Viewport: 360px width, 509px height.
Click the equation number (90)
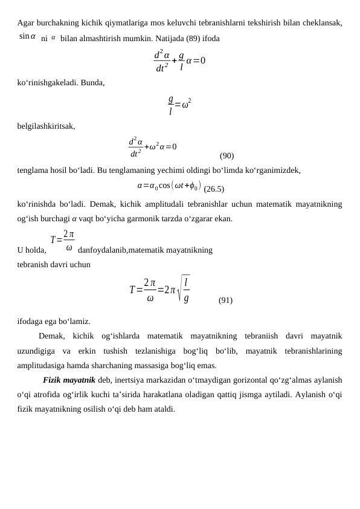(227, 155)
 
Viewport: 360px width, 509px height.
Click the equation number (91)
(225, 300)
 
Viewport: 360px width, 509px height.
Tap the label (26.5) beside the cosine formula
(214, 189)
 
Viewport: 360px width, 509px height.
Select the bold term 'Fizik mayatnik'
(69, 380)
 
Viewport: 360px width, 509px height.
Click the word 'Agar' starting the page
(26, 23)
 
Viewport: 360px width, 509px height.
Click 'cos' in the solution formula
(164, 186)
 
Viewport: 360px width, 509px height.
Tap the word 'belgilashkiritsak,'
(47, 126)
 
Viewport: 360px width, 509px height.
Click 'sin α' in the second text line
(27, 37)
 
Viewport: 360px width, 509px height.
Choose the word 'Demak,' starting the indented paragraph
(51, 336)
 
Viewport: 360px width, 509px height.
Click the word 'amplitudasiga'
(43, 365)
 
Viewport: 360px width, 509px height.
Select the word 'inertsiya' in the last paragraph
(130, 380)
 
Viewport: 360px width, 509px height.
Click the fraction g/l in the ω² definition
(171, 105)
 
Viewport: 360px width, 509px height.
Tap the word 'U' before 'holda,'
(21, 250)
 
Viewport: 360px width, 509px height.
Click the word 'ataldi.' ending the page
(163, 409)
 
